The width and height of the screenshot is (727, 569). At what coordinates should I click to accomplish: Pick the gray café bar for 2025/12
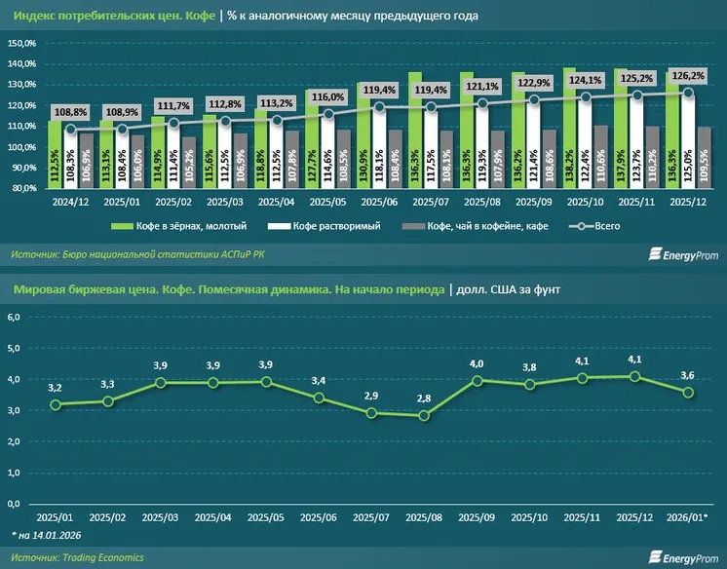tap(704, 156)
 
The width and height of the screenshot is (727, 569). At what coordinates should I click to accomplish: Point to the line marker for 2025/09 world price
tap(478, 381)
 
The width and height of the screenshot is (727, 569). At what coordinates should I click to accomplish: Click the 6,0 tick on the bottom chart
tap(15, 318)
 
